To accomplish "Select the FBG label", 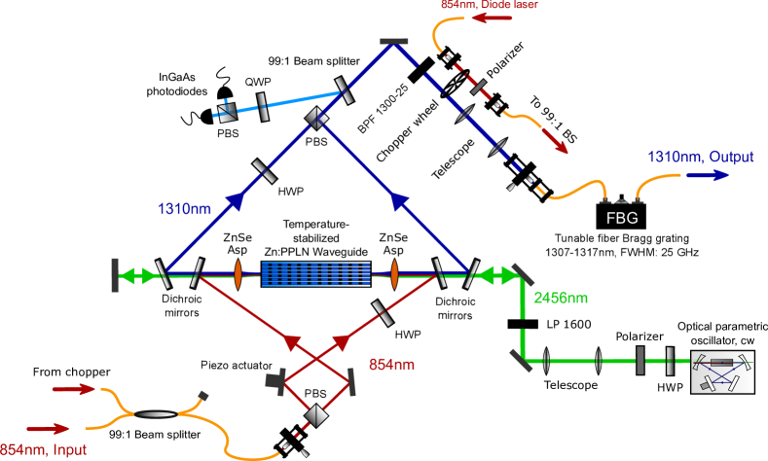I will [x=622, y=218].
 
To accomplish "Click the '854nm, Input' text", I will [x=45, y=449].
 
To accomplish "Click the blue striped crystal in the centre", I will [x=315, y=273].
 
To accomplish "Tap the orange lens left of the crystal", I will [x=238, y=273].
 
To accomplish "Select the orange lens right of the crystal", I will [x=395, y=273].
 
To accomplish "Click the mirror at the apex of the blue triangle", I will [x=393, y=40].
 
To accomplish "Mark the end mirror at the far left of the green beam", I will [x=115, y=274].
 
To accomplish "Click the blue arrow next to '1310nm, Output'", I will [x=707, y=176].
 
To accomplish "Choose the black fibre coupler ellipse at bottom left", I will [x=156, y=414].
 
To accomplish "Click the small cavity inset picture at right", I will [x=721, y=372].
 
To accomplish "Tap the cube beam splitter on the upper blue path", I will [x=315, y=119].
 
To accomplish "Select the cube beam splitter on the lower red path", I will [x=314, y=416].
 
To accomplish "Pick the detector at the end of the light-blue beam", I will [x=228, y=113].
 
